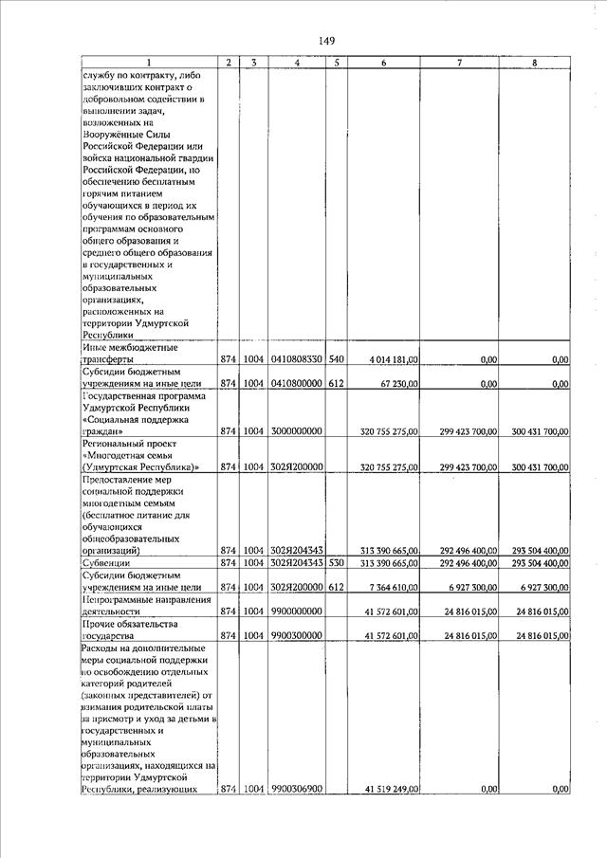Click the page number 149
327,40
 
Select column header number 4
298,63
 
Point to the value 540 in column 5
336,360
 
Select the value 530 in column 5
336,563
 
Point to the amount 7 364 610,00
389,588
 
